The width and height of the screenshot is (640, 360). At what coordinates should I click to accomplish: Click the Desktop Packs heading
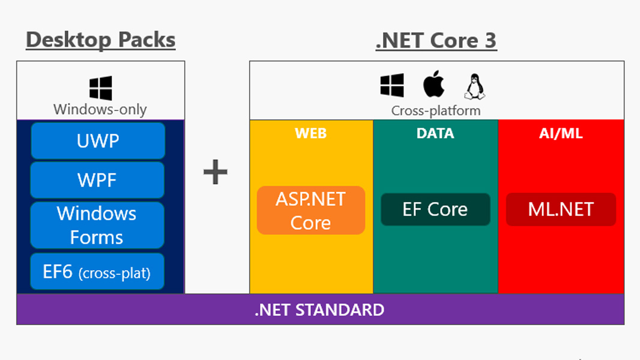(101, 40)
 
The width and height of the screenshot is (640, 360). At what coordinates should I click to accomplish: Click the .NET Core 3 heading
(436, 40)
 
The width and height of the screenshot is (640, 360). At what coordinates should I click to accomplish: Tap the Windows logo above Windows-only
(100, 88)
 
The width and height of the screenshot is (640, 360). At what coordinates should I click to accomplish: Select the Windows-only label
(100, 109)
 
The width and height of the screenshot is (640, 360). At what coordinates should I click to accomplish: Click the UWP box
(98, 141)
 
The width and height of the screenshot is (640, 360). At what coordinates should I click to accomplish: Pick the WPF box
(97, 180)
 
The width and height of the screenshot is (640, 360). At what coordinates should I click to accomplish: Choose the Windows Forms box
(97, 225)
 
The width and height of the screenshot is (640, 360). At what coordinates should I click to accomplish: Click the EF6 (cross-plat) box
(97, 272)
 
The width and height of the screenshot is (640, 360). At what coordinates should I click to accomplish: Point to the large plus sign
(216, 173)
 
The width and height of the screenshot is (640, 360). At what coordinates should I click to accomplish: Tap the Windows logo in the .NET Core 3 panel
(392, 85)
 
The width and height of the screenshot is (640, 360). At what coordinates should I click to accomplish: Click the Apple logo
(433, 84)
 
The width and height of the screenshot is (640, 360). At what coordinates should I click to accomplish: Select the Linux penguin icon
(474, 86)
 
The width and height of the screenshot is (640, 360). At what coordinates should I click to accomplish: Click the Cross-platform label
(436, 110)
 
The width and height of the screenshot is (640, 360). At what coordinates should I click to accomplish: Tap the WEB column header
(311, 133)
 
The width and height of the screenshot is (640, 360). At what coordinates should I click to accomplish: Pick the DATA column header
(435, 133)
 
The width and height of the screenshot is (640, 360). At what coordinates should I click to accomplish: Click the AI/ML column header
(561, 133)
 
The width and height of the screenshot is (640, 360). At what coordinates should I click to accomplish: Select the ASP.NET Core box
(311, 211)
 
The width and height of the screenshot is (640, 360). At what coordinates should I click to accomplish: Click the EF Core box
(435, 209)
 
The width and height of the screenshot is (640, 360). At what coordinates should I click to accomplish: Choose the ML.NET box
(561, 209)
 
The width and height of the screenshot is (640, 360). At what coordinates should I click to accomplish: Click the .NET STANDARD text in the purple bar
(319, 310)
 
